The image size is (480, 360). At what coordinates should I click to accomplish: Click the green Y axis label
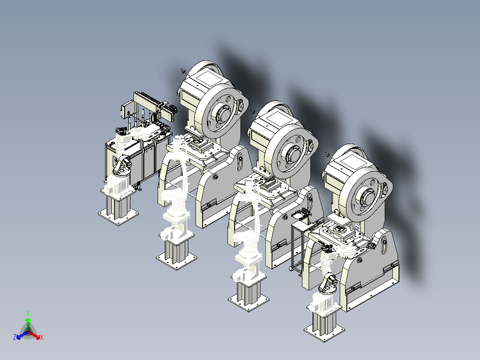point(28,313)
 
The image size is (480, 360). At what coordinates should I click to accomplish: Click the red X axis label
point(42,337)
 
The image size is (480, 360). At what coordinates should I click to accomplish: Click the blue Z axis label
point(15,337)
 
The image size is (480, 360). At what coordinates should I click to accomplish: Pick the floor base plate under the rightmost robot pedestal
point(324,332)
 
